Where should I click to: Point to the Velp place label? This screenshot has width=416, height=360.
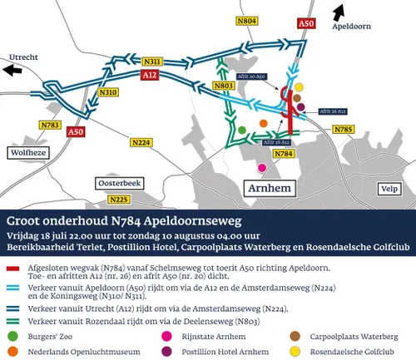pyautogui.click(x=388, y=190)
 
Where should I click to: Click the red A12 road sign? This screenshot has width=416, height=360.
pyautogui.click(x=149, y=75)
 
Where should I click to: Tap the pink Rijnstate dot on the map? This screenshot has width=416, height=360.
pyautogui.click(x=262, y=167)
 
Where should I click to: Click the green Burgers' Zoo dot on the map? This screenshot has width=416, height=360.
pyautogui.click(x=241, y=131)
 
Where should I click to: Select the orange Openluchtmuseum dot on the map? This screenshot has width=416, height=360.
pyautogui.click(x=263, y=124)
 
